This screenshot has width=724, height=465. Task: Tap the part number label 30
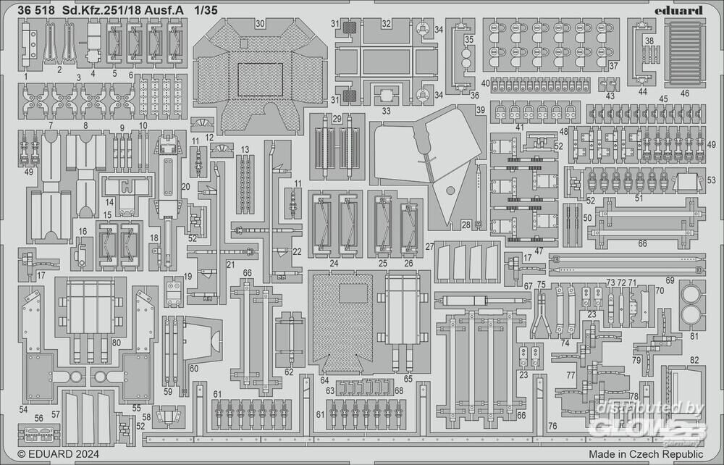[259, 23]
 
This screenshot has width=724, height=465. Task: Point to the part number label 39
[481, 110]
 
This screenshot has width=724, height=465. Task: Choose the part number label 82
[694, 360]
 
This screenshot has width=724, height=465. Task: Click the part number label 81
[694, 335]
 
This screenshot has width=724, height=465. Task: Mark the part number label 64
[324, 380]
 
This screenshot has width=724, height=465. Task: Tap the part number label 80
[116, 343]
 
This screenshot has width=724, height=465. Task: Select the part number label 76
[552, 426]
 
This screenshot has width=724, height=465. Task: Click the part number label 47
[539, 251]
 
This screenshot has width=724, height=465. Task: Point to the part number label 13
[245, 149]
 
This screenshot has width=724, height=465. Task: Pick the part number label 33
[386, 111]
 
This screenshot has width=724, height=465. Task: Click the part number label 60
[193, 369]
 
